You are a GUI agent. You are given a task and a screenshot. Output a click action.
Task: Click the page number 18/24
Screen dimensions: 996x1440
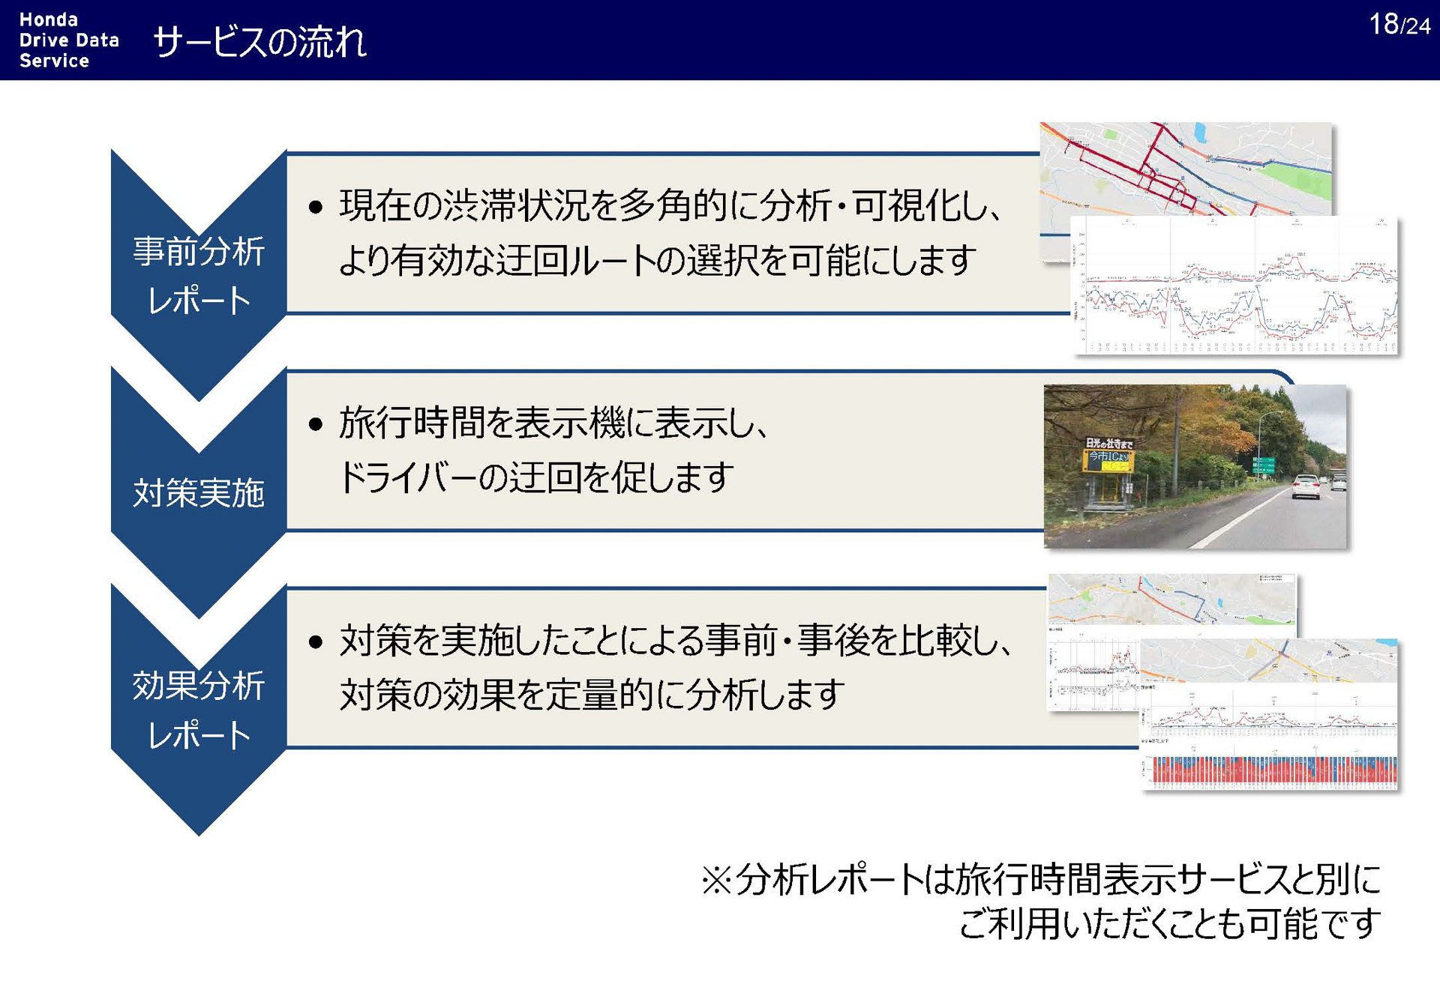pyautogui.click(x=1399, y=25)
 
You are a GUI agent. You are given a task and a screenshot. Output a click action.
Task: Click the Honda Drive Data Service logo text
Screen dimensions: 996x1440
pyautogui.click(x=68, y=40)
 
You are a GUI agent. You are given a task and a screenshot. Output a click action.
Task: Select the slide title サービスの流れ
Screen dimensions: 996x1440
pyautogui.click(x=259, y=42)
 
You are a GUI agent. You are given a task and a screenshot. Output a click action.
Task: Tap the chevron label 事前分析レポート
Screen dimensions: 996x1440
pyautogui.click(x=199, y=275)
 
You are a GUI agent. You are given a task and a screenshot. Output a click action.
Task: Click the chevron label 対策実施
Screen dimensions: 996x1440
pyautogui.click(x=199, y=493)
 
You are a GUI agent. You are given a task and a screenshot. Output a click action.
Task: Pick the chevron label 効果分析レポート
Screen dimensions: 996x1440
pyautogui.click(x=199, y=709)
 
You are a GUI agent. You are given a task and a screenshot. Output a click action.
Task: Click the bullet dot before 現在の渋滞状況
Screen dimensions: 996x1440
pyautogui.click(x=316, y=208)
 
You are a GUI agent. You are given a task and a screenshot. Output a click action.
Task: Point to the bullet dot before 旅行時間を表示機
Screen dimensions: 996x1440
pyautogui.click(x=316, y=425)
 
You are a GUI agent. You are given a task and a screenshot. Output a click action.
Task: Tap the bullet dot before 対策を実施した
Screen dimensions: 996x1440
pyautogui.click(x=316, y=642)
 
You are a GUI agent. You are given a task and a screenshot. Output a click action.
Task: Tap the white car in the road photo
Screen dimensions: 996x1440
pyautogui.click(x=1306, y=486)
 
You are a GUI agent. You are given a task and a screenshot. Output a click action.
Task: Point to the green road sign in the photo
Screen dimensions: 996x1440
pyautogui.click(x=1263, y=465)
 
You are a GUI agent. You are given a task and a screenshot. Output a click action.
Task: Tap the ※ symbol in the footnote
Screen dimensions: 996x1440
pyautogui.click(x=716, y=880)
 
